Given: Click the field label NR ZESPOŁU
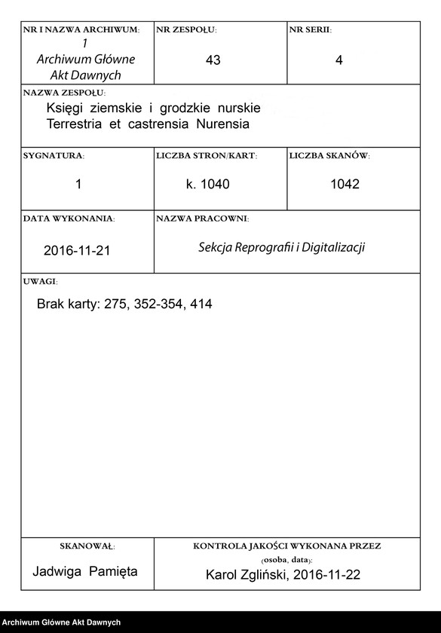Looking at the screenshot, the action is [x=186, y=29].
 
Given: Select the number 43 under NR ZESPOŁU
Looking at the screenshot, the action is [x=213, y=60].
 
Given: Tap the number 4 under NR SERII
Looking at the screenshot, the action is [x=338, y=60].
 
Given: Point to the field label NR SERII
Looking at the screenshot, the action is [x=310, y=29].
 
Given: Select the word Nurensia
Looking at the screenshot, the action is [x=223, y=123].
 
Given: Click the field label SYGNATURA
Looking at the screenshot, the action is [x=54, y=155].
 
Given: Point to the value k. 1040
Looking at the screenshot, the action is [x=207, y=185].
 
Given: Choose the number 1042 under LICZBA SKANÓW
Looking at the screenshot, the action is [x=345, y=185].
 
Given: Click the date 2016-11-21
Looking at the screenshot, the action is [x=77, y=250].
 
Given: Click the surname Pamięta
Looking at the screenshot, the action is [x=114, y=571].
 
